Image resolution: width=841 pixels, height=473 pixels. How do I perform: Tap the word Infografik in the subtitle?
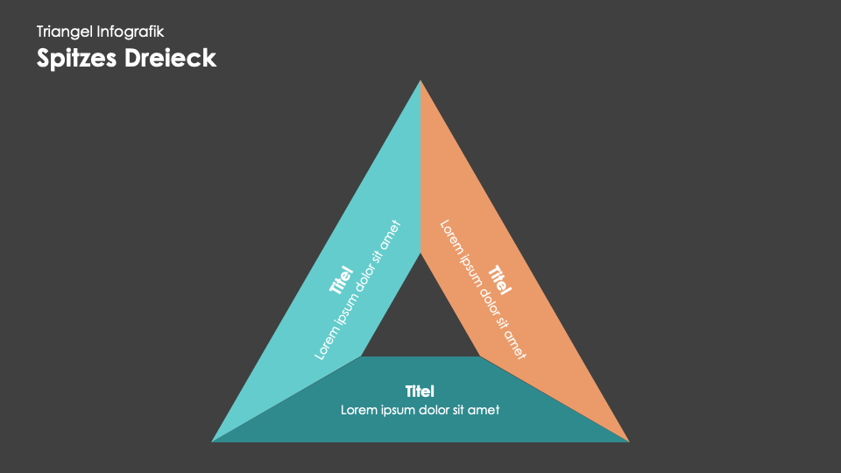click(x=131, y=32)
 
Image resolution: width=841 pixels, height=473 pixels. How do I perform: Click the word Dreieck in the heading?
click(x=172, y=58)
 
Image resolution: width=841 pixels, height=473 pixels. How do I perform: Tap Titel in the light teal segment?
click(x=340, y=280)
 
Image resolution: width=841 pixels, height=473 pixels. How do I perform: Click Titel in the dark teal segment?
click(x=420, y=391)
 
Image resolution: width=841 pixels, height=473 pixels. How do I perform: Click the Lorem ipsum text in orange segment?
click(x=483, y=289)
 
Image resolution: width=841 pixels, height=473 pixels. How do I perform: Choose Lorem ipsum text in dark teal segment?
click(x=420, y=409)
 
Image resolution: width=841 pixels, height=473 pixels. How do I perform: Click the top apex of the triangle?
click(x=420, y=81)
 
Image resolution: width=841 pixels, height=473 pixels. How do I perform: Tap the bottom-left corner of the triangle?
click(x=213, y=441)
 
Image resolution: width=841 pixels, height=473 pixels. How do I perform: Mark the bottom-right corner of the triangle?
click(x=628, y=441)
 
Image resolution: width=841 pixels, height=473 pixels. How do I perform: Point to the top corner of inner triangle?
click(x=420, y=254)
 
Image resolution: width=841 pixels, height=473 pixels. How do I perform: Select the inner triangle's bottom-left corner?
click(x=362, y=357)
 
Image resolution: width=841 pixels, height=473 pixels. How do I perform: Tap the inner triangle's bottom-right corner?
click(x=479, y=357)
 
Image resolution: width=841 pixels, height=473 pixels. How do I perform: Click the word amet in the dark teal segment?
click(x=484, y=409)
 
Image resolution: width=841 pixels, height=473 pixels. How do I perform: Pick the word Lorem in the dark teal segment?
click(x=357, y=409)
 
